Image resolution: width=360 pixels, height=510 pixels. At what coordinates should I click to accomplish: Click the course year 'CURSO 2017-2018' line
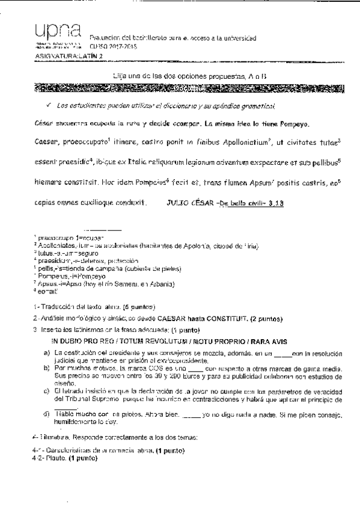point(114,46)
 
